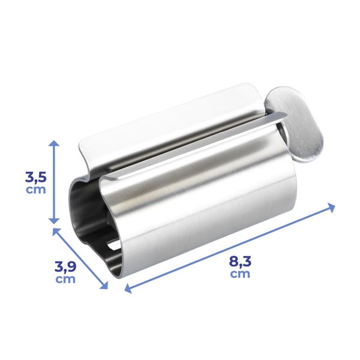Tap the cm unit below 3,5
35,190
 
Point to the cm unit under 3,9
65,279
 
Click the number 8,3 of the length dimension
240,262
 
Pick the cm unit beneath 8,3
240,274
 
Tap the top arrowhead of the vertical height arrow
54,143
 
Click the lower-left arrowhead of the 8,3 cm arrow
127,289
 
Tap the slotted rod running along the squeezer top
198,144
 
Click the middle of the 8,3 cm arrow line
230,248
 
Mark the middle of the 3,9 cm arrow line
82,258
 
